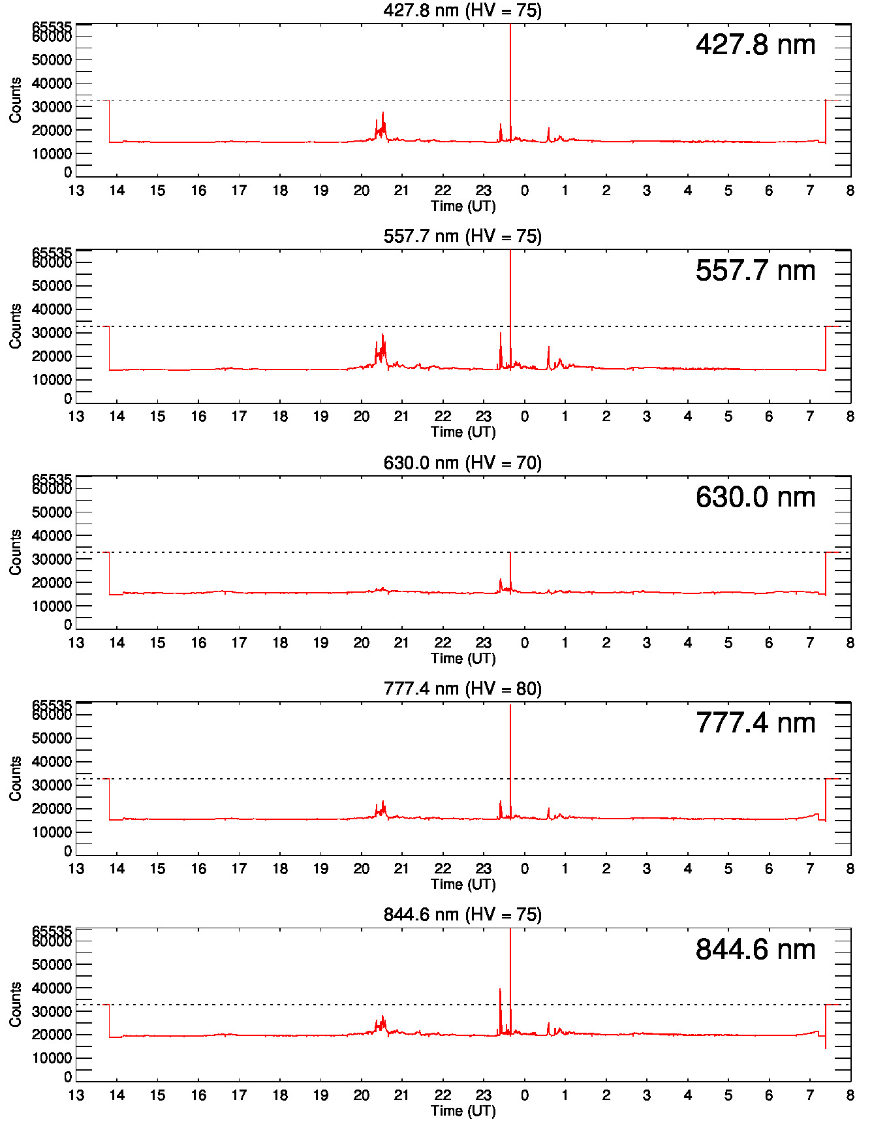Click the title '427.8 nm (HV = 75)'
(x=462, y=10)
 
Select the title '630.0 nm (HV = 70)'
(x=462, y=463)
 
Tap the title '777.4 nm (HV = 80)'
(x=462, y=689)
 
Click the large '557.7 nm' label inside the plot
(x=755, y=270)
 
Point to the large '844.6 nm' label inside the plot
(x=755, y=949)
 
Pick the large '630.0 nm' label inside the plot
(x=755, y=497)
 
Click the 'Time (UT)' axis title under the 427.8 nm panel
(x=463, y=206)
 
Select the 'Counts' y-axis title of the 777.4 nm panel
(x=16, y=778)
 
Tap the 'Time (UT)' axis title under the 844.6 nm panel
(x=463, y=1111)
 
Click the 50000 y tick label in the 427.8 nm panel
(x=52, y=60)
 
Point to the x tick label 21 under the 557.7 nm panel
(x=401, y=416)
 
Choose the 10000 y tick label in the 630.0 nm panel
(x=52, y=606)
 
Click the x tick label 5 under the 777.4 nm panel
(x=728, y=869)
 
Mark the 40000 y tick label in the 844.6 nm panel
(x=52, y=988)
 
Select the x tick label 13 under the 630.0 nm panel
(x=76, y=643)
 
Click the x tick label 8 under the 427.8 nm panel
(x=850, y=191)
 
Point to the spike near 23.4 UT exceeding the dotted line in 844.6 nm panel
(x=500, y=990)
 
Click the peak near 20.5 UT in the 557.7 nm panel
(x=382, y=335)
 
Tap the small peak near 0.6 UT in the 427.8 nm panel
(x=549, y=129)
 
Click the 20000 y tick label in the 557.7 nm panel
(x=52, y=356)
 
